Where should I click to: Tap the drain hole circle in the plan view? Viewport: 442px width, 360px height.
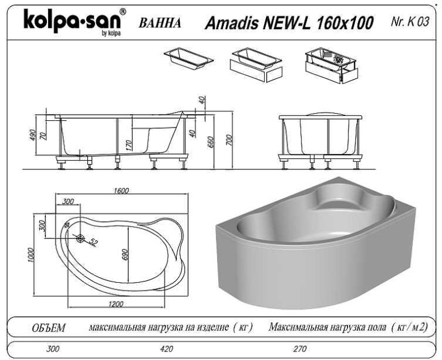click(81, 239)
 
